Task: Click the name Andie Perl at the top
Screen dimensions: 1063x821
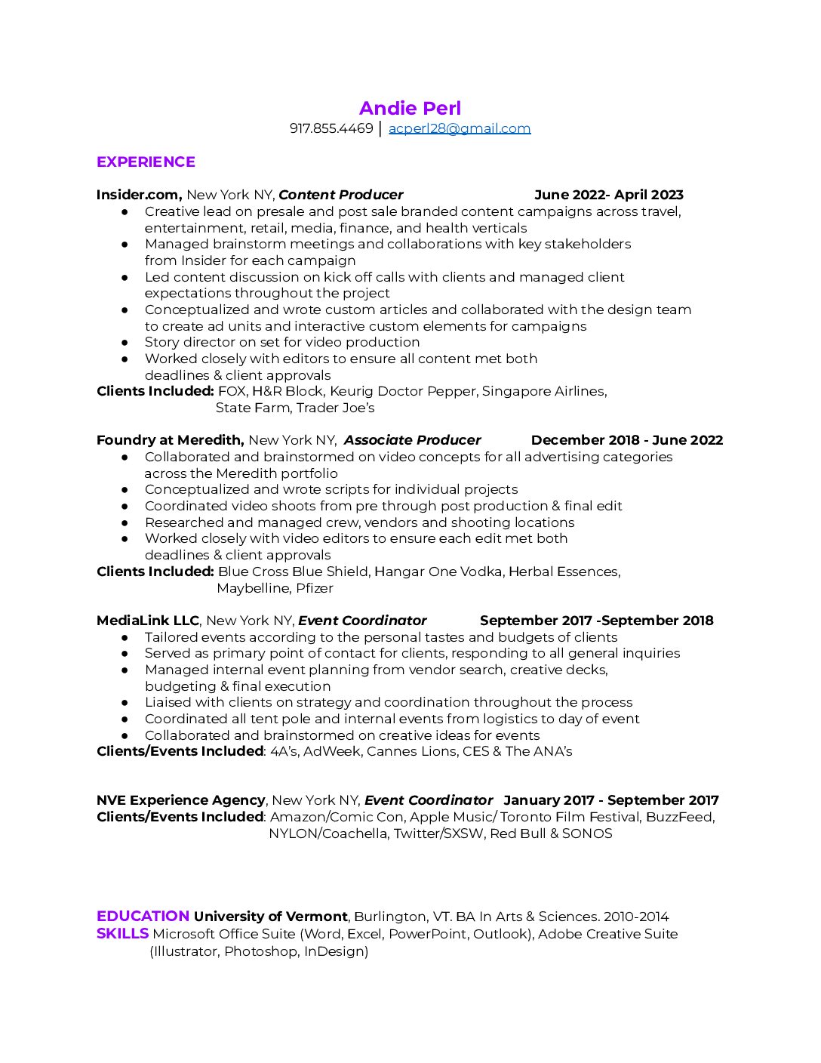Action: click(410, 109)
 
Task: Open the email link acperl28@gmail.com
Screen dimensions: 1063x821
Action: click(460, 128)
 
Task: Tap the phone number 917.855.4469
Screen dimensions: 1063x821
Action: click(331, 128)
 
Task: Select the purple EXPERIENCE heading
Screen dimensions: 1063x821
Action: click(146, 162)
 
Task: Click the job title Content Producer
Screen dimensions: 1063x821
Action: click(340, 195)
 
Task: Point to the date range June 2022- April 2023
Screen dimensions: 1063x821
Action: click(608, 195)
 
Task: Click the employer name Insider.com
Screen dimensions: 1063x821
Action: click(138, 195)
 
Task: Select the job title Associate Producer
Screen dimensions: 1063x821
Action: click(412, 440)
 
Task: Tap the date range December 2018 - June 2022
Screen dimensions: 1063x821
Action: click(626, 440)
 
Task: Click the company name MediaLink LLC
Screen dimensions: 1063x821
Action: click(148, 621)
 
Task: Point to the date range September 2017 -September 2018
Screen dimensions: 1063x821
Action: click(596, 621)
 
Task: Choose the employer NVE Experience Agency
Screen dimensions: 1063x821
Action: click(181, 800)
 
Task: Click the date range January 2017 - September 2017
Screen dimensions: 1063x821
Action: click(611, 800)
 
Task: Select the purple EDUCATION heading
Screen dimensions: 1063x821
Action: click(143, 916)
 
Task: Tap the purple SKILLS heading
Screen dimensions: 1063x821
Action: click(122, 933)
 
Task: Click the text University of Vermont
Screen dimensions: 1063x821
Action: click(270, 917)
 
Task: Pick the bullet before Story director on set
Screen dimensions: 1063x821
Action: click(125, 343)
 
